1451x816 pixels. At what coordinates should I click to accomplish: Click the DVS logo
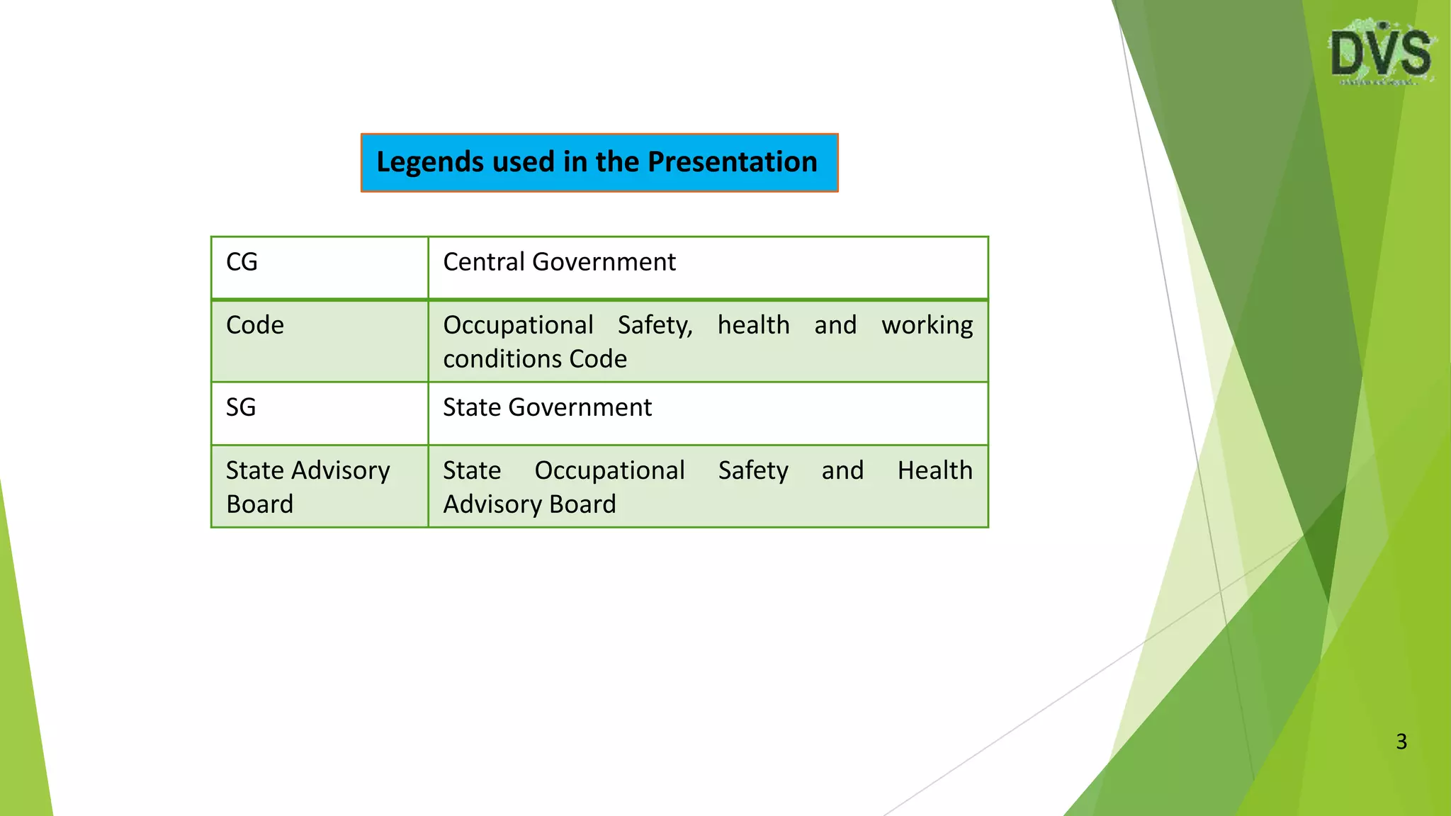pyautogui.click(x=1382, y=53)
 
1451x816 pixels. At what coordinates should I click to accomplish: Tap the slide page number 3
pyautogui.click(x=1401, y=742)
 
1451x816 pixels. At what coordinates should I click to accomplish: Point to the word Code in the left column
pyautogui.click(x=255, y=325)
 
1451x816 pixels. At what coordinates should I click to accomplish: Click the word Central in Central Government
pyautogui.click(x=484, y=262)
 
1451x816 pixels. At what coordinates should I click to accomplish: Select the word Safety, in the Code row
pyautogui.click(x=655, y=325)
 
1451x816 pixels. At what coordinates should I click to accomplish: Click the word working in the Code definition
pyautogui.click(x=927, y=325)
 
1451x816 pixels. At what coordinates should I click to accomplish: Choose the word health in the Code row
pyautogui.click(x=753, y=325)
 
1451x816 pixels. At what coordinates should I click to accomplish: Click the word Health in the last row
pyautogui.click(x=935, y=470)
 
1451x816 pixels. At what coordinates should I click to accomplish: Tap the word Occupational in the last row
pyautogui.click(x=609, y=470)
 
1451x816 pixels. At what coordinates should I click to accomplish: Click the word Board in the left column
pyautogui.click(x=259, y=504)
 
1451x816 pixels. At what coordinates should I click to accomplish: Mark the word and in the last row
pyautogui.click(x=842, y=470)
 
